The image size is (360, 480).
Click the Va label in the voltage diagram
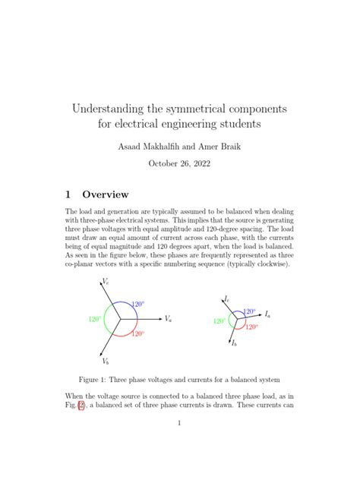tap(168, 319)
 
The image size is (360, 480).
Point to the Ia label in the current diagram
tap(267, 314)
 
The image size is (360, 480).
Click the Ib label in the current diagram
tap(235, 344)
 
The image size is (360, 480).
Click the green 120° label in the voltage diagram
tap(95, 320)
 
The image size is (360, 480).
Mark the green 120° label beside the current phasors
tap(219, 321)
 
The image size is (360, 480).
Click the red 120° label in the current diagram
tap(251, 327)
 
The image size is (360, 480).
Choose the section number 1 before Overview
tap(68, 194)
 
